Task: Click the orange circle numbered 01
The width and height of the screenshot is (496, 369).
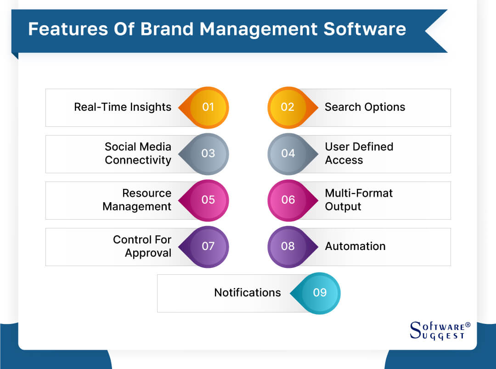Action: (x=209, y=107)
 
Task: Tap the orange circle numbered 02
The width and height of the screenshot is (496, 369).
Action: (x=287, y=107)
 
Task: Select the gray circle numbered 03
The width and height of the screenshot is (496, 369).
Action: (x=209, y=153)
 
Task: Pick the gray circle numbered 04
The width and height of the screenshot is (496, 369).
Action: (x=287, y=153)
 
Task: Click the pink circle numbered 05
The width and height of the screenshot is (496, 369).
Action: (x=209, y=200)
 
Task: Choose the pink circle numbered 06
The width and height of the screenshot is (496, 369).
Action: (x=287, y=200)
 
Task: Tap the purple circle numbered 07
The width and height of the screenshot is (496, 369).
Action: (x=209, y=246)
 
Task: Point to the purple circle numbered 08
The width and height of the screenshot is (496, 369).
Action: (x=287, y=246)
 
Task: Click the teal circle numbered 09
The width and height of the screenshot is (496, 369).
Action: (x=320, y=293)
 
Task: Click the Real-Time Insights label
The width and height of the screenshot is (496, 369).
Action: (x=123, y=107)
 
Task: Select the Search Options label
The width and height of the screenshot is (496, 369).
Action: (x=365, y=107)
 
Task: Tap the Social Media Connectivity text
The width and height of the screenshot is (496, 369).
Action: (x=138, y=153)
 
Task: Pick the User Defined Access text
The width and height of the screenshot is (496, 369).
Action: (x=359, y=153)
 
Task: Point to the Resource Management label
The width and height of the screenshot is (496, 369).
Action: (x=137, y=200)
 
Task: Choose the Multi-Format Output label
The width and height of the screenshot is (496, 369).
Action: (x=359, y=200)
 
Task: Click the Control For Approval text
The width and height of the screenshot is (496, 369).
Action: (x=142, y=246)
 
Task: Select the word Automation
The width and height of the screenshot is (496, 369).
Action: (x=355, y=246)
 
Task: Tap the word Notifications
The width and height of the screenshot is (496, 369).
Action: (x=248, y=293)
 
